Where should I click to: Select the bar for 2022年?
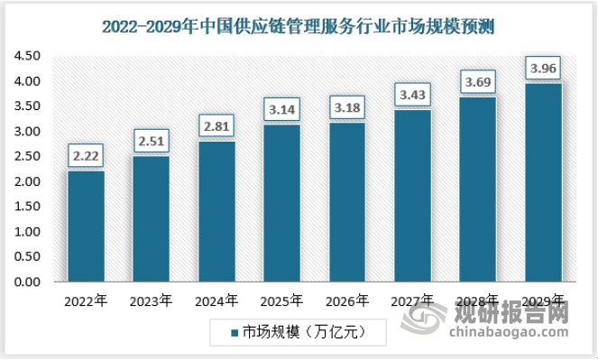[87, 226]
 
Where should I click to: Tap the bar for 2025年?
[281, 203]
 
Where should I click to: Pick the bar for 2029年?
[543, 182]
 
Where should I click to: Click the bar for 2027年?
[412, 196]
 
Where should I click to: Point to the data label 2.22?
[87, 157]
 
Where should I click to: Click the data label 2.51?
[152, 143]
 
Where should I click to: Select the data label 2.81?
[216, 127]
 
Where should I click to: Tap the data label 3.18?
[347, 109]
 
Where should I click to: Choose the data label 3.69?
[478, 83]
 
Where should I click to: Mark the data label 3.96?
[543, 69]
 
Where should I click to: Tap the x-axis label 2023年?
[152, 301]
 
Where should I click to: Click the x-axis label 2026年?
[347, 301]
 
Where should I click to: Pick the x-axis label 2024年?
[216, 301]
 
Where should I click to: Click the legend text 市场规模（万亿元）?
[303, 333]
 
